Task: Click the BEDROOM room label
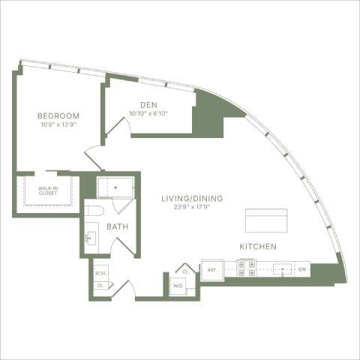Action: (58, 115)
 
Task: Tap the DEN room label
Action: (148, 105)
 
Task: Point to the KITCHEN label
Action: (258, 247)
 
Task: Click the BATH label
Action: (116, 226)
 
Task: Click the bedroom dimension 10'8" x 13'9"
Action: (58, 125)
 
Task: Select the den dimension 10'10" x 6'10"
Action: (148, 114)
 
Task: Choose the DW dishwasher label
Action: (302, 268)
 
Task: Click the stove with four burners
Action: (246, 268)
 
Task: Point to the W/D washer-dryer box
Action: (178, 286)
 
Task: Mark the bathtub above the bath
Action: (115, 186)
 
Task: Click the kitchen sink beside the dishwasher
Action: (282, 268)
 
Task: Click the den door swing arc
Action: (120, 126)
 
